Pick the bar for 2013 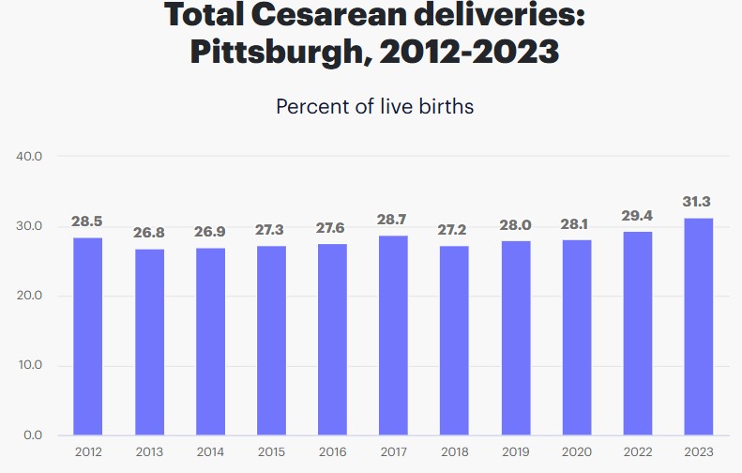(x=149, y=342)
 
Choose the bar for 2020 (x=576, y=338)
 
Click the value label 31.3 (x=698, y=201)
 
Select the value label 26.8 (x=149, y=232)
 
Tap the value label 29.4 (x=637, y=216)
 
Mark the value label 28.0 (x=515, y=224)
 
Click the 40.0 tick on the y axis (x=30, y=156)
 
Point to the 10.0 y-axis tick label (x=30, y=365)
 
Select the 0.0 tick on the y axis (x=32, y=435)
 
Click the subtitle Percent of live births (x=374, y=106)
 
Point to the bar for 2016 (x=332, y=339)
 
